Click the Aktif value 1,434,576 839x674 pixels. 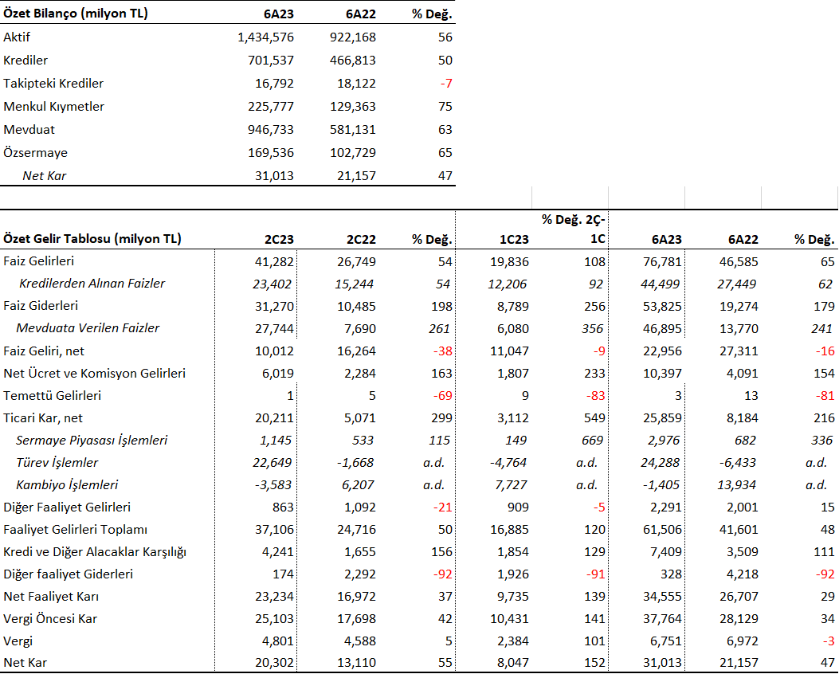coord(265,37)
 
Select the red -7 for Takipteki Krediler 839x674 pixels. coord(446,84)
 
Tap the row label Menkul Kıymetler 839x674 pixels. coord(53,107)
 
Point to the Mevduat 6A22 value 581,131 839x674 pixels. coord(353,129)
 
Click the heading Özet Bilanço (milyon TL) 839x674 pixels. coord(76,14)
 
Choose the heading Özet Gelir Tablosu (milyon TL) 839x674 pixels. coord(92,238)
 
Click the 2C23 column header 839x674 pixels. coord(279,239)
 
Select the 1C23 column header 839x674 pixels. coord(514,239)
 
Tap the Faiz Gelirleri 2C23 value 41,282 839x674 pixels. coord(274,261)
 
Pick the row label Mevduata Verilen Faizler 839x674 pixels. coord(88,328)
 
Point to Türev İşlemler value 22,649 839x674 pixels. coord(272,462)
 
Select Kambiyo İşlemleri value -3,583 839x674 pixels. coord(272,484)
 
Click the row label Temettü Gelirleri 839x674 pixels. coord(52,396)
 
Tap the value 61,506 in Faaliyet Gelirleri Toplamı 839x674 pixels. coord(662,530)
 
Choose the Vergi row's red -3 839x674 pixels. coord(829,641)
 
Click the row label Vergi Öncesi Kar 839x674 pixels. coord(49,619)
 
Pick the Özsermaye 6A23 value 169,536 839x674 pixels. coord(271,152)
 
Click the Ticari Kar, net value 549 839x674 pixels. coord(594,417)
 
